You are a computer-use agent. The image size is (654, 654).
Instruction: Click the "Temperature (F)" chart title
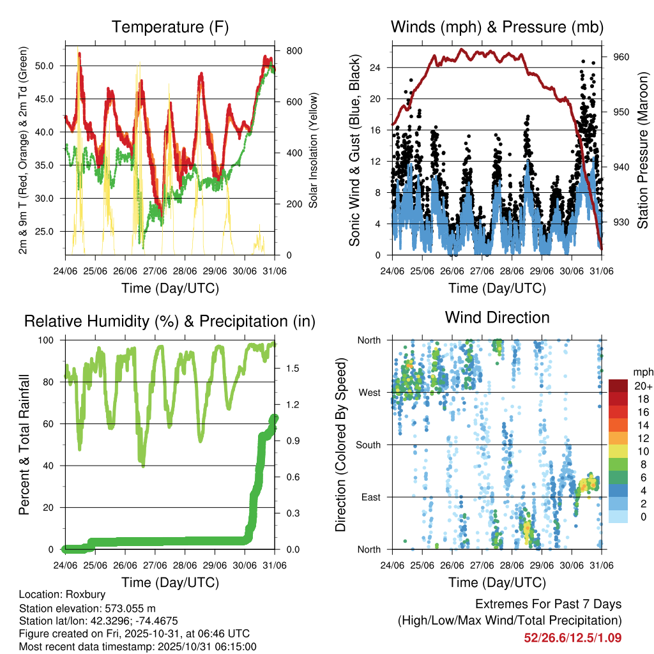(x=170, y=27)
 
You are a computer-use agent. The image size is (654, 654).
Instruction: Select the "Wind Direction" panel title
(x=497, y=317)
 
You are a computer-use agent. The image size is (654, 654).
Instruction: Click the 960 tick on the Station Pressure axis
(x=621, y=57)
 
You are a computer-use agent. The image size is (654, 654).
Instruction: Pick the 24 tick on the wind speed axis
(x=376, y=67)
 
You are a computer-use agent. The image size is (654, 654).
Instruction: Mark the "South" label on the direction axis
(x=367, y=445)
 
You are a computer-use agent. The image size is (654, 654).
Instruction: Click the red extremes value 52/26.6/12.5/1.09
(x=573, y=637)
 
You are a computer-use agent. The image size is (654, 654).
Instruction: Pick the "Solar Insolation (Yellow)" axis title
(x=314, y=151)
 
